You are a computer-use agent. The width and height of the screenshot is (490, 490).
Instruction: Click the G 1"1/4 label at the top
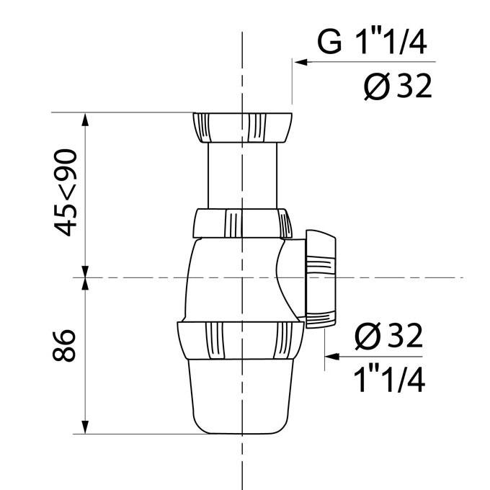coord(372,42)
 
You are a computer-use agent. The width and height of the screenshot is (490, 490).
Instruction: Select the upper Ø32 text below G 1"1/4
coord(397,86)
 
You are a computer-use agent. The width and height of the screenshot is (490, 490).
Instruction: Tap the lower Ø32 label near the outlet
coord(388,335)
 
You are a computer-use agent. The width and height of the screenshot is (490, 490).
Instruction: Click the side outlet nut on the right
coord(321,279)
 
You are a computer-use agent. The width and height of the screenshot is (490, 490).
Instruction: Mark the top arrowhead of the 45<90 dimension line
coord(86,118)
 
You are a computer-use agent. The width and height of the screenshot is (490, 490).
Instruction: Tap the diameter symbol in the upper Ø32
coord(376,87)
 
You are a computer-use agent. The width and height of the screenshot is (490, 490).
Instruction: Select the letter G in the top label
coord(330,42)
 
